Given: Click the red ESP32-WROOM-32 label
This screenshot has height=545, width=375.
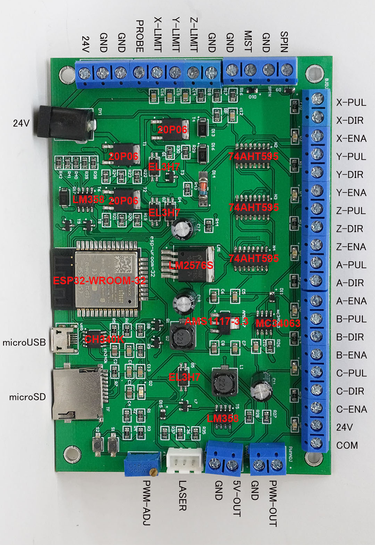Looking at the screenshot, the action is pos(99,280).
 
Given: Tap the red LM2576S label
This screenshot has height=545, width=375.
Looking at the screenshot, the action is pos(191,265).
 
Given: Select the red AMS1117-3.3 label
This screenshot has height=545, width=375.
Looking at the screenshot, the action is pos(216,321).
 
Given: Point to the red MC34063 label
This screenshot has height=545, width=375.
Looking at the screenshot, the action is pos(278,323).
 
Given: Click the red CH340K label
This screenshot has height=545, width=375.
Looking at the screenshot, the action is pos(104,339).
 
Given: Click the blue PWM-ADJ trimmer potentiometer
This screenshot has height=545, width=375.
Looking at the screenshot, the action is pos(142,464).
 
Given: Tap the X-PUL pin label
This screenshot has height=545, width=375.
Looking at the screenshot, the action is pos(351,103).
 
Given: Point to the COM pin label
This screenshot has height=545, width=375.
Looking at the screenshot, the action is pos(347,445).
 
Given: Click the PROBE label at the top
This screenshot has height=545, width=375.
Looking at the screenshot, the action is pos(139,36).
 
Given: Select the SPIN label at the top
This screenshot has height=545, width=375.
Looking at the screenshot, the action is pos(284,42).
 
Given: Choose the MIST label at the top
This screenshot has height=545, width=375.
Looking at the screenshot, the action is pos(248,41).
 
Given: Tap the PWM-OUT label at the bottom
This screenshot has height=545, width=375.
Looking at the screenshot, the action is pos(273,503).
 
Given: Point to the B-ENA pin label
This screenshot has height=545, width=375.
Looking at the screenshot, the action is pos(351,355).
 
